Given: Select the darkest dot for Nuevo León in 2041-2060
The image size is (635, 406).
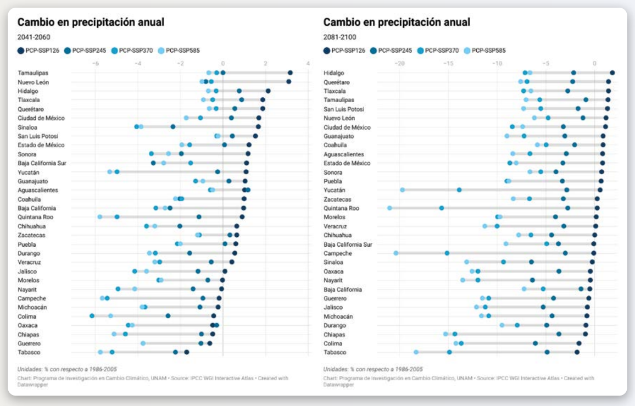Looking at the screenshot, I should [x=289, y=82].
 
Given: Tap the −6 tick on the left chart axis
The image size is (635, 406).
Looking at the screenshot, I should [x=95, y=64].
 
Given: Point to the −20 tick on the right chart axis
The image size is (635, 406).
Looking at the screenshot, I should [x=399, y=64].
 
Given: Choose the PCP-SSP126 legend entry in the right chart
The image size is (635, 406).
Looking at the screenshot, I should [x=344, y=51].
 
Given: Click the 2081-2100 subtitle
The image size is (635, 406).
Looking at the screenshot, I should [x=339, y=37].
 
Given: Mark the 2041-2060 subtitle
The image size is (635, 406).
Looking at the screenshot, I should [x=34, y=37].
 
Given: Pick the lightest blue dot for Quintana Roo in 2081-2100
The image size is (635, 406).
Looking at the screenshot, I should [x=389, y=208].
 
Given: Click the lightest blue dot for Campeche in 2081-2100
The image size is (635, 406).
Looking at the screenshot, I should [x=396, y=253].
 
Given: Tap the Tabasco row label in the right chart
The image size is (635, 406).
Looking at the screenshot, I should [x=335, y=352].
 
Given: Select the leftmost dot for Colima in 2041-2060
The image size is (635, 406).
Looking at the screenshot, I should [x=92, y=316].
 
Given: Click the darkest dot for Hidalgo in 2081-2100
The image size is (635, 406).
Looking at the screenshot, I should [x=612, y=73].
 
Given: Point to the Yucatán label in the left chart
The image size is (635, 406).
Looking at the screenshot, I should [x=29, y=172].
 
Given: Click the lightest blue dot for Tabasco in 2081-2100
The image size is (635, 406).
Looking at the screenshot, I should [x=416, y=352].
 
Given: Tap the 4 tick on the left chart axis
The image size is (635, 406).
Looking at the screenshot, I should [x=308, y=64].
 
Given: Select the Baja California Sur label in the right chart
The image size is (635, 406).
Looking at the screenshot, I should [x=348, y=244].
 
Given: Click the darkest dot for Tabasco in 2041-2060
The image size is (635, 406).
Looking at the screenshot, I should [x=187, y=352].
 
